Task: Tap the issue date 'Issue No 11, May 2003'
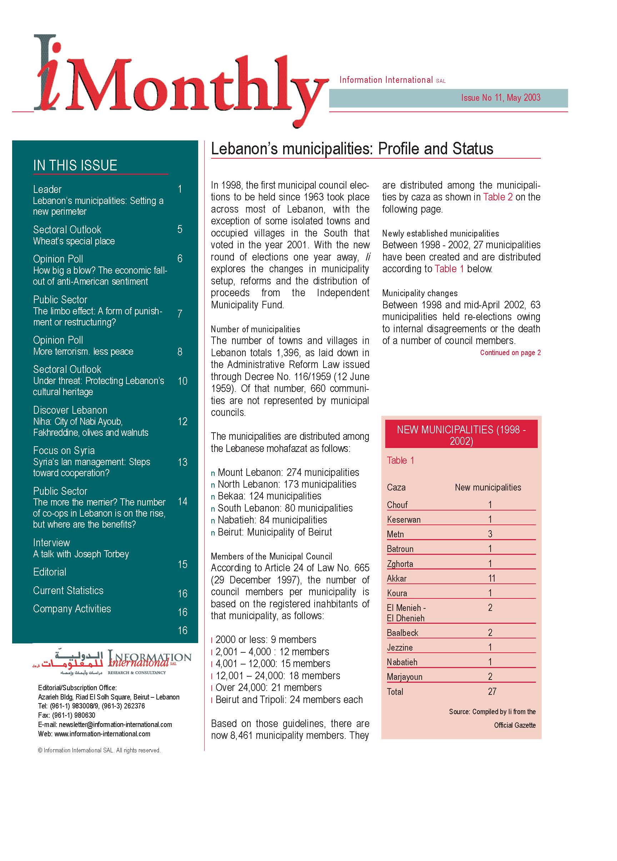(500, 98)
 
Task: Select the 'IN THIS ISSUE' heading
(75, 165)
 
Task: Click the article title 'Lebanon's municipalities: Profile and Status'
(352, 149)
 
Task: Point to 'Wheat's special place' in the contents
(74, 241)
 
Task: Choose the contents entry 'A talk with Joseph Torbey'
(81, 554)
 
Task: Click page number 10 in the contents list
(182, 381)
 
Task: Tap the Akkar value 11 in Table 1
(491, 578)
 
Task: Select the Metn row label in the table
(395, 534)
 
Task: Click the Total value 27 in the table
(492, 691)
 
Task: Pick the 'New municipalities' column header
(488, 487)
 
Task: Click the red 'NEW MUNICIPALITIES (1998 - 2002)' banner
(461, 435)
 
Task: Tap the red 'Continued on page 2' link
(510, 353)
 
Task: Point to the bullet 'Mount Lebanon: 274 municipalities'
(288, 472)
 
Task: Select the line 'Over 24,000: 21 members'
(268, 687)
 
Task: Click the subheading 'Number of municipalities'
(255, 329)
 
